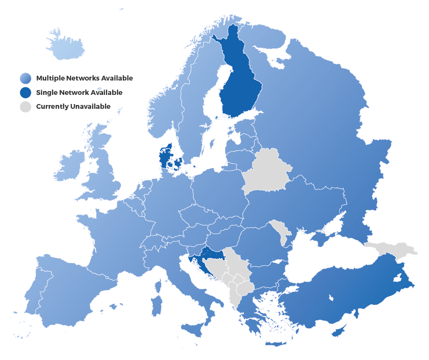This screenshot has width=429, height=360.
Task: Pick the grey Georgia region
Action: (x=391, y=248)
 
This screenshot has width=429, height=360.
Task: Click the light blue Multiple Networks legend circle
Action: (x=26, y=78)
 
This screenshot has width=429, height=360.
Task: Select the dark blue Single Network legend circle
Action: (x=26, y=93)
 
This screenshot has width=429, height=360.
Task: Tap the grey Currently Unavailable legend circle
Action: (x=26, y=106)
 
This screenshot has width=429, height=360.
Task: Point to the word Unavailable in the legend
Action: (x=91, y=106)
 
